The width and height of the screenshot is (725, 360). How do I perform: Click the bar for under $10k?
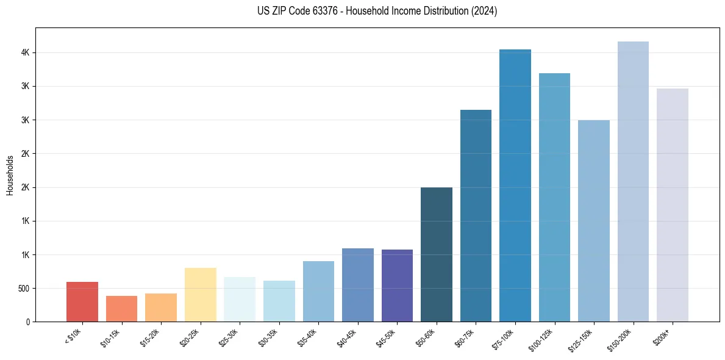coord(82,301)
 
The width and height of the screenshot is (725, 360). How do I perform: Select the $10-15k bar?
coord(121,309)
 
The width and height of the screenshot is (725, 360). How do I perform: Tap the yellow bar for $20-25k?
coord(200,295)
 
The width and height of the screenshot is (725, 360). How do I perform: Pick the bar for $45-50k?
coord(397,286)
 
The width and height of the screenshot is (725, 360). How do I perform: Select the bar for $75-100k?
coord(515,185)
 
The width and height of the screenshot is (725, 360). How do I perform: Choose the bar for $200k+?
coord(673,205)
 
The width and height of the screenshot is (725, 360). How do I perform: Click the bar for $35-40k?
coord(318,291)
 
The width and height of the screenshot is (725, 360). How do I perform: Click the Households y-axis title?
coord(10,175)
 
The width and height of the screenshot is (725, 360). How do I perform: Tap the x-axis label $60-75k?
coord(466,337)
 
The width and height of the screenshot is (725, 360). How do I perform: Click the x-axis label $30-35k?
coord(270,337)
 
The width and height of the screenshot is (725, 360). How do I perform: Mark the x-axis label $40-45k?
coord(349,337)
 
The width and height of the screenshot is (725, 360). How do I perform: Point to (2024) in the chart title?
coord(484,11)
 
